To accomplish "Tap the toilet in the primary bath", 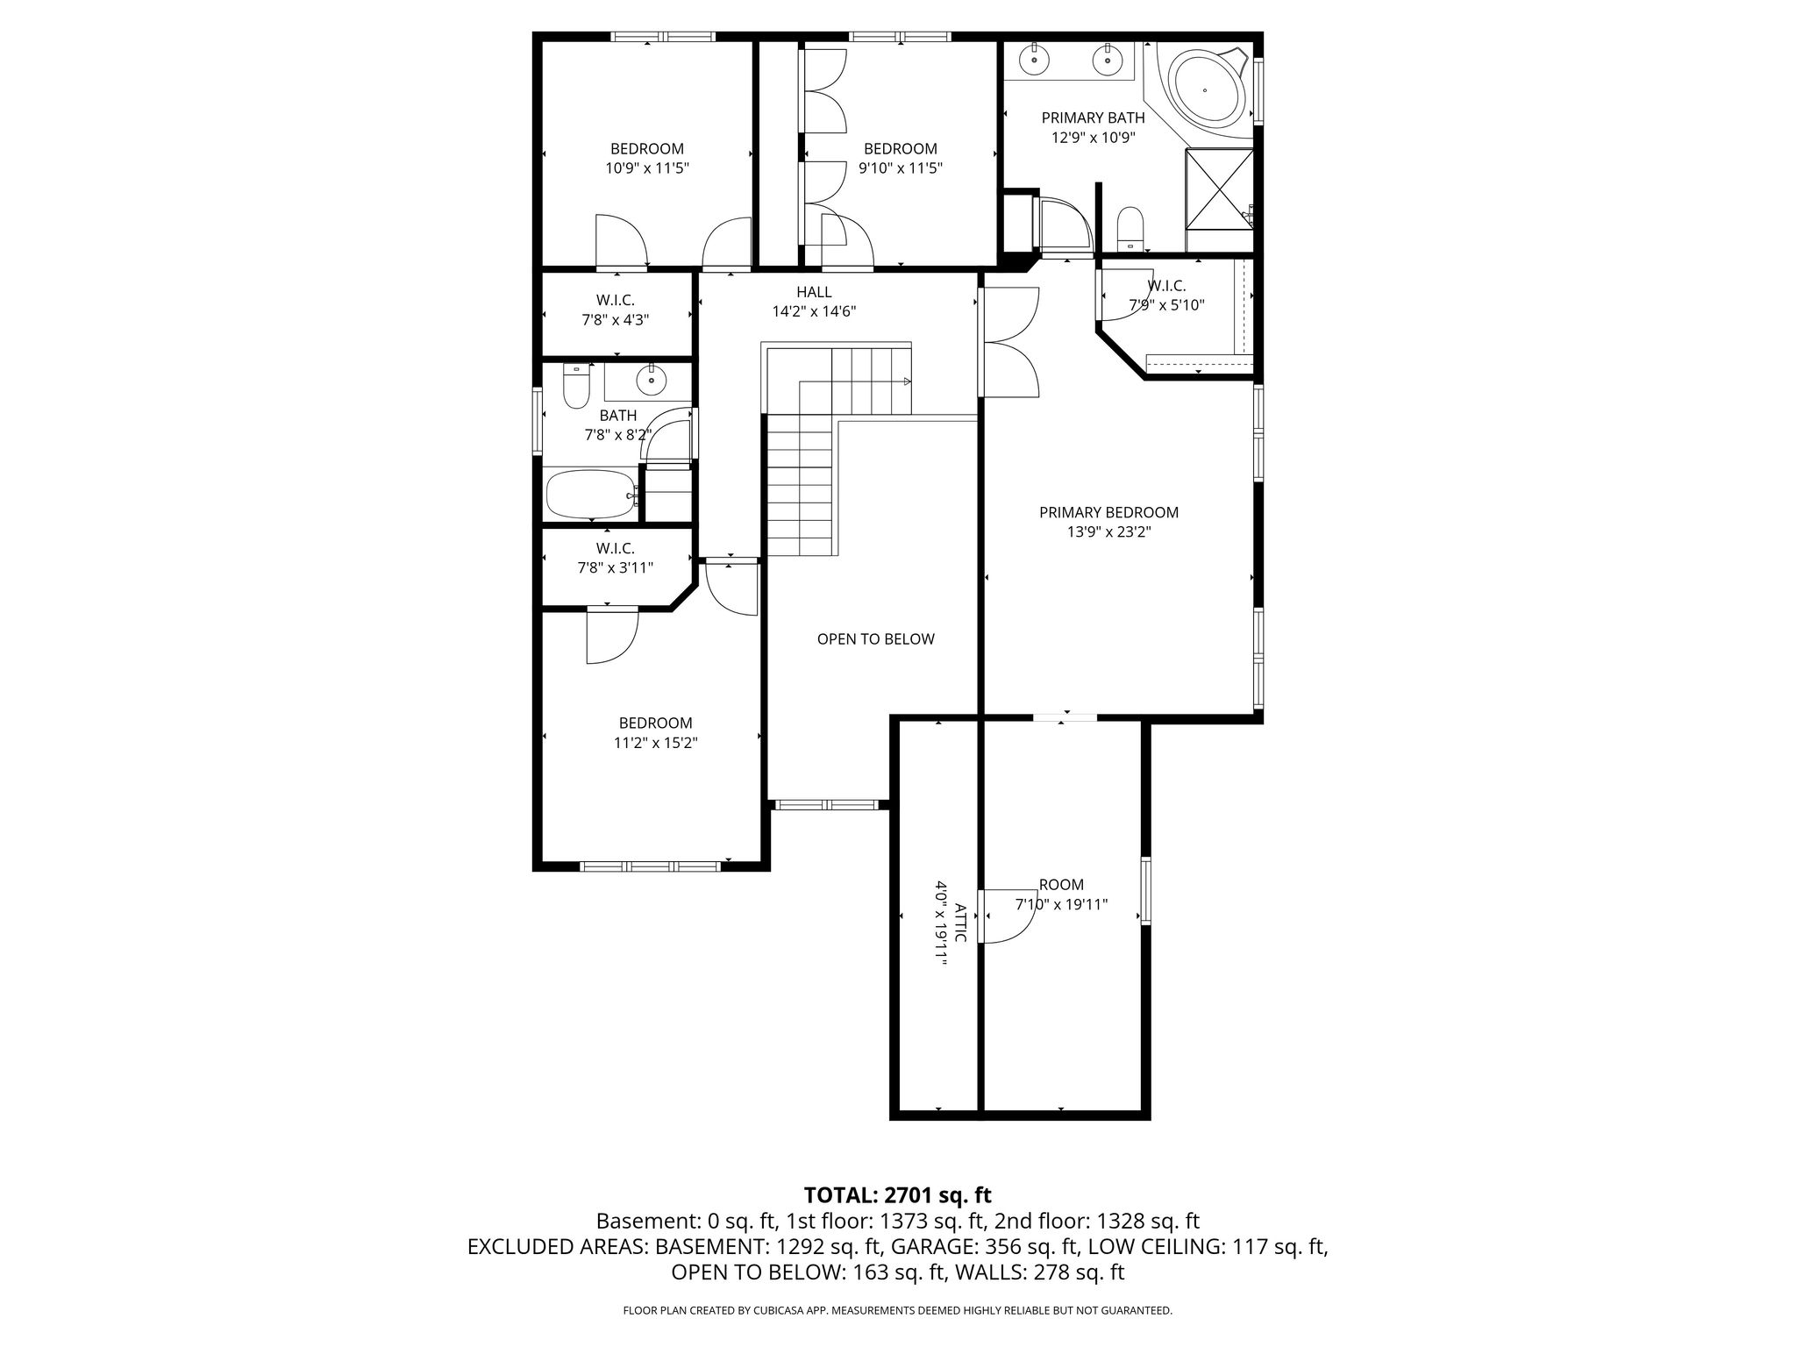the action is tap(1130, 227).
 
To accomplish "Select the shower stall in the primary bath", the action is tap(1219, 189).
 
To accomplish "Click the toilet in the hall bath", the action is tap(575, 386).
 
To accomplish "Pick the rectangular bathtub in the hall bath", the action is tap(592, 495).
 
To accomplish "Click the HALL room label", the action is tap(814, 292).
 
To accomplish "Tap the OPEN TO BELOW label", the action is tap(876, 639).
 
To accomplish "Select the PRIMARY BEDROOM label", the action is tap(1108, 512).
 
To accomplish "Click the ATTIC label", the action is tap(960, 922).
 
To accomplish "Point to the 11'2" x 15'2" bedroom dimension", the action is tap(656, 743).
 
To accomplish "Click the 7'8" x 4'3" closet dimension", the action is tap(616, 320).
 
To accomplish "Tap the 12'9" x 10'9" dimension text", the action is tap(1094, 137).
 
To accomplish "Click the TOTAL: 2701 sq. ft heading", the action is tap(898, 1194).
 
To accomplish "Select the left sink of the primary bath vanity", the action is tap(1036, 60).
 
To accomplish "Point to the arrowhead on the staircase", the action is tap(907, 381).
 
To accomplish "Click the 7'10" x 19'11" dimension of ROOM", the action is tap(1061, 904).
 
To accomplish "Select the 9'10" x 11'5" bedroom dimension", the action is tap(901, 168).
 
